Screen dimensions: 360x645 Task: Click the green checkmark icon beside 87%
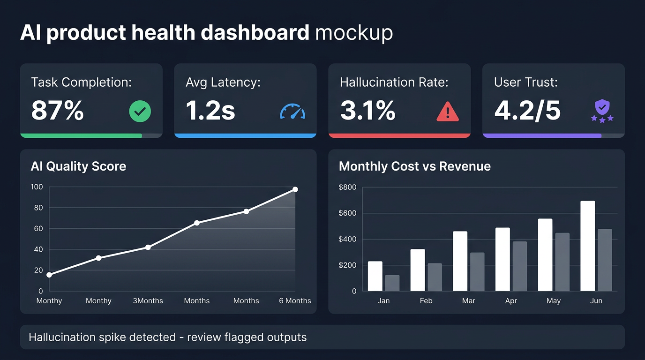(140, 112)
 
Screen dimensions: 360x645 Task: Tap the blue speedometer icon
(292, 112)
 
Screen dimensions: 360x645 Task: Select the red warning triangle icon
(447, 112)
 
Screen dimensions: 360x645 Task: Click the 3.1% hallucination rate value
(368, 111)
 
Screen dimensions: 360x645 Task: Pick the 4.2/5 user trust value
(527, 111)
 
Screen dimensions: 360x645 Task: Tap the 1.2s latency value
(210, 111)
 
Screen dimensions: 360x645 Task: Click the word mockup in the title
(354, 33)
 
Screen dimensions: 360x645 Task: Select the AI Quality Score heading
(78, 166)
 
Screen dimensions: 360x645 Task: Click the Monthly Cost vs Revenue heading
(414, 166)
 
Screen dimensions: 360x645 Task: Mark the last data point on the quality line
(295, 189)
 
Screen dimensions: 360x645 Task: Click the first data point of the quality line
(49, 275)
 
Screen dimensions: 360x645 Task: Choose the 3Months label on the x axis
(148, 301)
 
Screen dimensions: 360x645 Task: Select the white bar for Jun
(587, 246)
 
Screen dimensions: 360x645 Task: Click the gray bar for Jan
(392, 283)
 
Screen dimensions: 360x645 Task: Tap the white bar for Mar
(460, 261)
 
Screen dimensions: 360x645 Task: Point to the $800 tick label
(347, 187)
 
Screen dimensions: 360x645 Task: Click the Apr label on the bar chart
(511, 301)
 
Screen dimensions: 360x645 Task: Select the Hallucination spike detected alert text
(167, 337)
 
